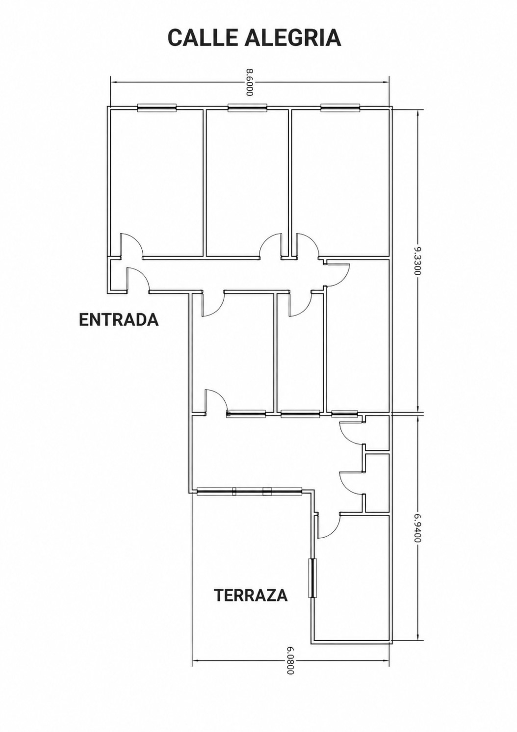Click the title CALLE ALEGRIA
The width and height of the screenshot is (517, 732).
[254, 37]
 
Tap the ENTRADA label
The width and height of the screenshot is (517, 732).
[119, 320]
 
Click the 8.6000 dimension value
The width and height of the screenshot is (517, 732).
[250, 82]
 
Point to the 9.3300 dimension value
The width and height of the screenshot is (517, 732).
[418, 261]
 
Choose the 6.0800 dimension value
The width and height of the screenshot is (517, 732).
[291, 649]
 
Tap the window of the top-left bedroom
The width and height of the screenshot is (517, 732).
[157, 107]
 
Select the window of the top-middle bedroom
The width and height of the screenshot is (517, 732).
[247, 107]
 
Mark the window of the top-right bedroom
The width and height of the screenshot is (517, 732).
[341, 107]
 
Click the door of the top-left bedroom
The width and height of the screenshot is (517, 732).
[131, 245]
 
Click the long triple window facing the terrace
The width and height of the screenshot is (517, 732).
[249, 491]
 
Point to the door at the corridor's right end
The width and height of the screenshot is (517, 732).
[338, 275]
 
